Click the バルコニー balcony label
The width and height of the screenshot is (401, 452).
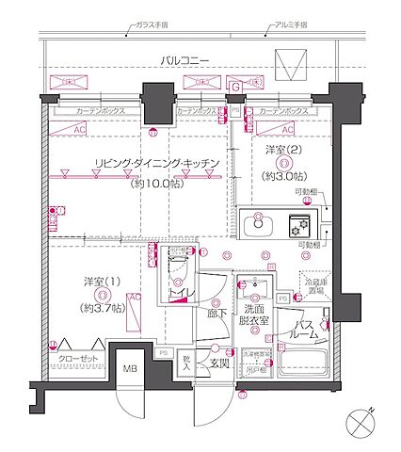184,61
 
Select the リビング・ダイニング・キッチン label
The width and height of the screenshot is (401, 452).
157,164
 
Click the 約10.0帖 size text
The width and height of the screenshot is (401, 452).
157,182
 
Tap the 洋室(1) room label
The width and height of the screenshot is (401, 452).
99,282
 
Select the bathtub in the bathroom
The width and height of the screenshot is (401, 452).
299,366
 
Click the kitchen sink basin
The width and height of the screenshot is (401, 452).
257,228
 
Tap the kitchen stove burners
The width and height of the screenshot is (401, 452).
298,227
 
